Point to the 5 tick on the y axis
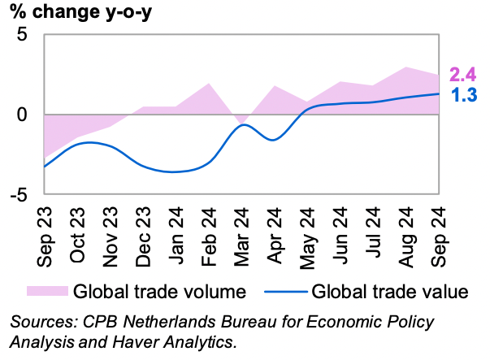[x=22, y=35]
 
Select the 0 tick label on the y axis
[x=22, y=115]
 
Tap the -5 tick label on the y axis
[x=19, y=195]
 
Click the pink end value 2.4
[x=463, y=76]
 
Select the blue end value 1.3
[x=463, y=95]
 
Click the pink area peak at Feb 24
[x=210, y=84]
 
